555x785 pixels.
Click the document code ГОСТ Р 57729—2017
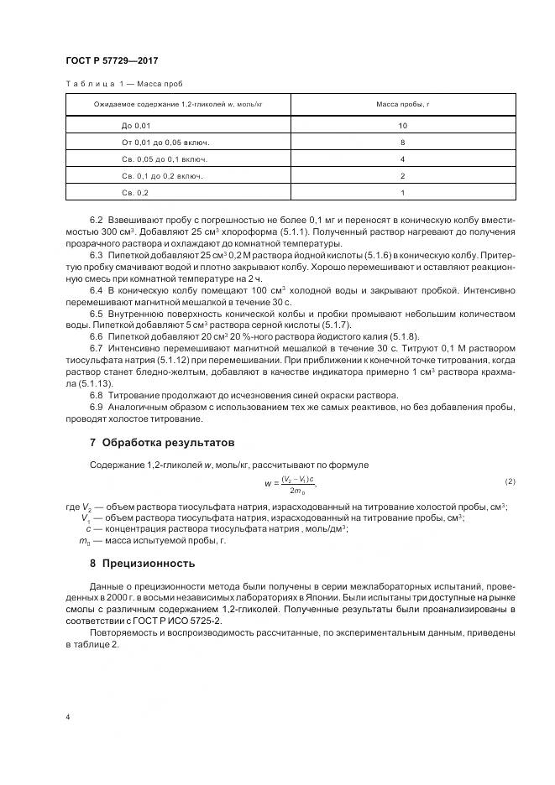pos(112,60)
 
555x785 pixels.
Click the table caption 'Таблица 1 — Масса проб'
pos(123,84)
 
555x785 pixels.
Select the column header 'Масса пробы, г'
pos(402,105)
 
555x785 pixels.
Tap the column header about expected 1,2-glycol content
pos(177,105)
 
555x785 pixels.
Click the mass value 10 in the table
pos(402,125)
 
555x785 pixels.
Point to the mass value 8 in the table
pos(402,142)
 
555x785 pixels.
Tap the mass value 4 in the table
pos(402,159)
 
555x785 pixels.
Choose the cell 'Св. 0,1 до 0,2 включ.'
pos(162,176)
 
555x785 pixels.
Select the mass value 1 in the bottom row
pos(402,193)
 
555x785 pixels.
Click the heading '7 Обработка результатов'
pos(162,442)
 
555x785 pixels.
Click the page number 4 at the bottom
pos(67,717)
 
